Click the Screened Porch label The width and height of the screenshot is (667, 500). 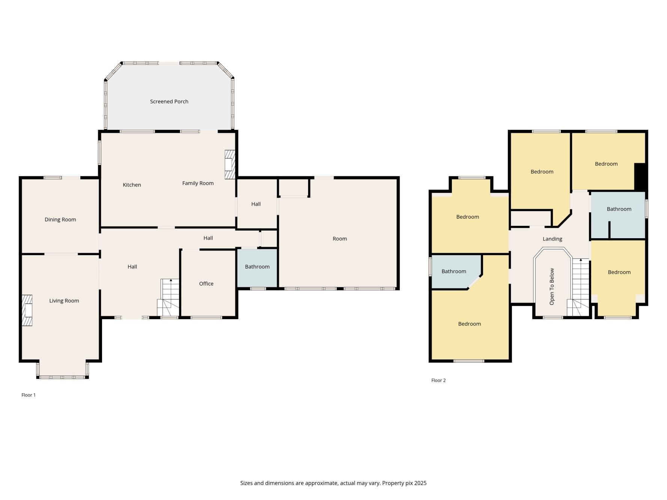[169, 101]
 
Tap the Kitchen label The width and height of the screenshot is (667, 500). [132, 185]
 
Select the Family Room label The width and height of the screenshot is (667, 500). [198, 183]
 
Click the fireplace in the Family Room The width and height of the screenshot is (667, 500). [230, 164]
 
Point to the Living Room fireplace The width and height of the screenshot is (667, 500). [27, 310]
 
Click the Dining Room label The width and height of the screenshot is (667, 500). [60, 219]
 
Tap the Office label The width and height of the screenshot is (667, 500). [206, 284]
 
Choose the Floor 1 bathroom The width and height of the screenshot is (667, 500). [257, 268]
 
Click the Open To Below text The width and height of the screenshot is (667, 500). [552, 286]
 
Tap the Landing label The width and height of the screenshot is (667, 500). [552, 239]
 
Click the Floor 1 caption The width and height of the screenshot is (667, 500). [29, 395]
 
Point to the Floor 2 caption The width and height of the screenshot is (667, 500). [438, 380]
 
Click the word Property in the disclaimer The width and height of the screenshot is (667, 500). [393, 483]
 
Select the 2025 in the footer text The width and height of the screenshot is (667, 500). [420, 483]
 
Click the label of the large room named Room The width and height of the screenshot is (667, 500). [340, 239]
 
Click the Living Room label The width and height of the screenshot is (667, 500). [64, 301]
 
